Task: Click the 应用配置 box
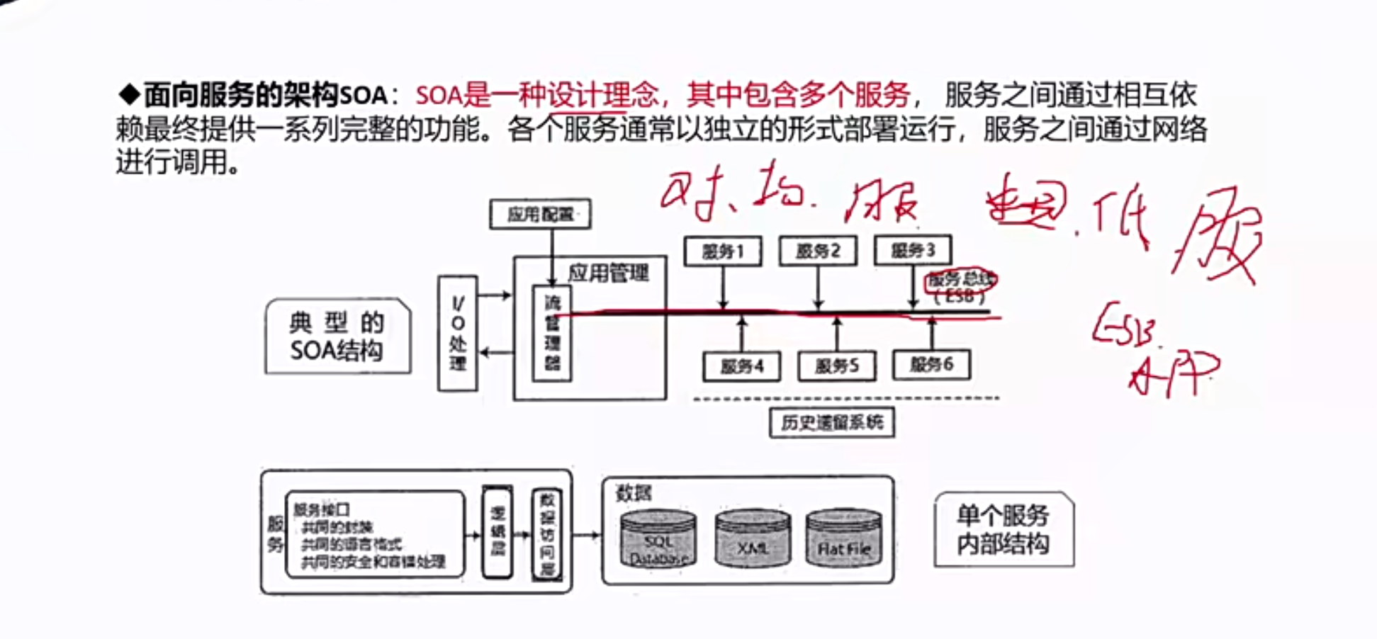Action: [540, 214]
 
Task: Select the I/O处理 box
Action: [458, 333]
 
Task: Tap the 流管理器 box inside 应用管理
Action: [552, 333]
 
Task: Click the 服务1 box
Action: [723, 251]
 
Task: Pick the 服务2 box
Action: [818, 251]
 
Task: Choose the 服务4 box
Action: [741, 366]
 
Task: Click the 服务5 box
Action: [836, 366]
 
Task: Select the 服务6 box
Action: [931, 365]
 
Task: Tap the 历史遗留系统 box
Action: [832, 423]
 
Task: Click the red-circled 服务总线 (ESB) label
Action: [960, 287]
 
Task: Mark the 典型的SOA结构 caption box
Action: [337, 337]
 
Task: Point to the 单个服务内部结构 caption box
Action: [1004, 530]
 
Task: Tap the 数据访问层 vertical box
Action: [547, 533]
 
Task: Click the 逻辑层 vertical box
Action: [498, 531]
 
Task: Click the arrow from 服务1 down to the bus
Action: [723, 287]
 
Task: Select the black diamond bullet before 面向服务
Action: [130, 94]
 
